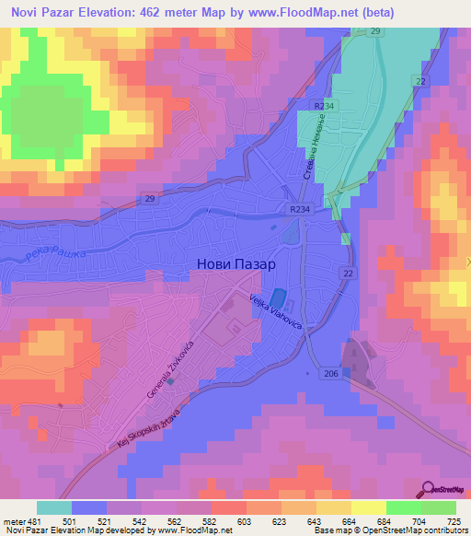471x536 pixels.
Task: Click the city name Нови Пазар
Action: coord(236,262)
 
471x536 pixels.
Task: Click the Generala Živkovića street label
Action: coord(170,367)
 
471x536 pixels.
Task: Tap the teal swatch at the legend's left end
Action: coord(54,507)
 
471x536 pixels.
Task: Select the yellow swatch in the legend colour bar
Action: coord(367,507)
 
